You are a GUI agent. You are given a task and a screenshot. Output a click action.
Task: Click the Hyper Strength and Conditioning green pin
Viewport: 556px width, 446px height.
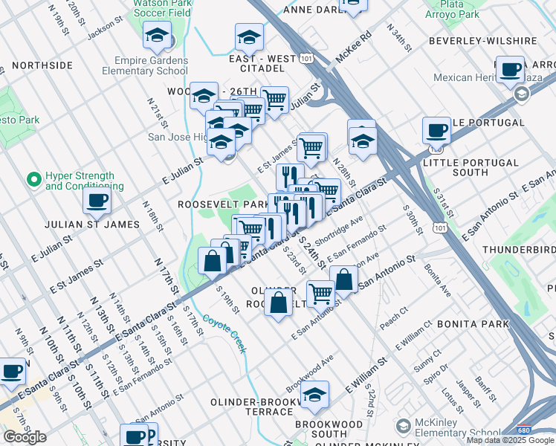[x=33, y=179]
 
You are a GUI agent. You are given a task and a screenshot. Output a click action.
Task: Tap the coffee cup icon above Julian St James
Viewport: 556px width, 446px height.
[x=97, y=199]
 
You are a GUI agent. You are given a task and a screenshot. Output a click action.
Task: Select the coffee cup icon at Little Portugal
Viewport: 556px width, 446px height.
[x=436, y=130]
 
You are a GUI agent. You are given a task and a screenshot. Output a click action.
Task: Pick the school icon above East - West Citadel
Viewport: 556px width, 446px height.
[x=249, y=36]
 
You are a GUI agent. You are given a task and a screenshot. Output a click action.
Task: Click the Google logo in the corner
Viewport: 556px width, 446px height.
[x=25, y=437]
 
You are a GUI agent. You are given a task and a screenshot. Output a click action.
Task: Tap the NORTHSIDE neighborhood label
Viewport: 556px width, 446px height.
[x=42, y=65]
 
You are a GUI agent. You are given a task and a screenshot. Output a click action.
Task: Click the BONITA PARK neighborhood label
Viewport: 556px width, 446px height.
[x=473, y=324]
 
